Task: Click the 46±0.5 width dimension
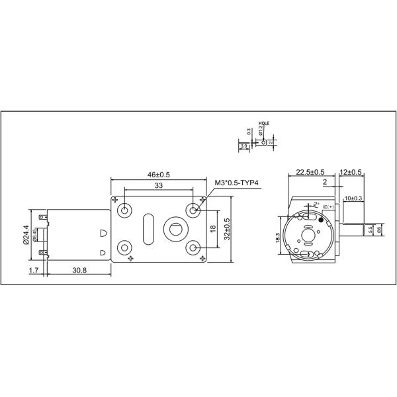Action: point(158,174)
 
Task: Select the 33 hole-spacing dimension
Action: point(158,187)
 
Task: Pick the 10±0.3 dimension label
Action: point(354,198)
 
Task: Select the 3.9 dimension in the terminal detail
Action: point(244,146)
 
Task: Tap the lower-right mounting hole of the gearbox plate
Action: point(193,247)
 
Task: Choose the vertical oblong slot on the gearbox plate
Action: point(148,228)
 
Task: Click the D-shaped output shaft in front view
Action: point(175,229)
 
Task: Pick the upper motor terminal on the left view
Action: point(42,216)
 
